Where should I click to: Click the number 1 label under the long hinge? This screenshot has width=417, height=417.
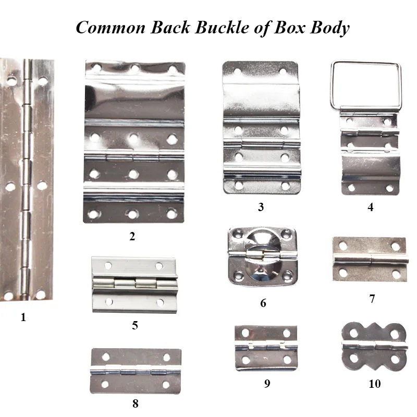[x=23, y=317]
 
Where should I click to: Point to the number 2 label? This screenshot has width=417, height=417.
[x=132, y=236]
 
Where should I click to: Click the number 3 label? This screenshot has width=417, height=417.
[x=261, y=207]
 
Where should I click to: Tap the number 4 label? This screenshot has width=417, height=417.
[x=370, y=207]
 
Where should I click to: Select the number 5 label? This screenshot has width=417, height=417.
[x=135, y=326]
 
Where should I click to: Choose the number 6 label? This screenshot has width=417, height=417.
[x=263, y=303]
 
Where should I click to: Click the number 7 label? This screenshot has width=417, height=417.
[x=371, y=299]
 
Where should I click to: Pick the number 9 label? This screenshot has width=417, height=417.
[x=267, y=384]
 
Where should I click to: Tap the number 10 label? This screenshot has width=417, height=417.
[x=374, y=384]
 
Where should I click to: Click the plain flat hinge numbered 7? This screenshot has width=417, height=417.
[x=370, y=259]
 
